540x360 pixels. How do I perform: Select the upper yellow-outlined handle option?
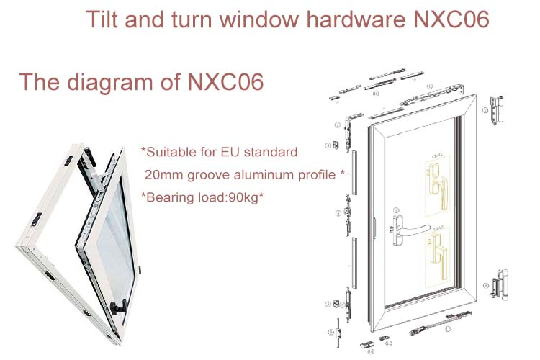pyautogui.click(x=437, y=189)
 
